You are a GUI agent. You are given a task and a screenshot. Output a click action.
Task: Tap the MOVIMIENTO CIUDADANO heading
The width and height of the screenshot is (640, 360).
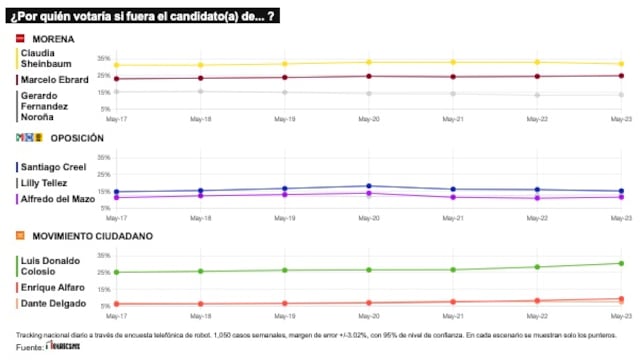[x=85, y=236]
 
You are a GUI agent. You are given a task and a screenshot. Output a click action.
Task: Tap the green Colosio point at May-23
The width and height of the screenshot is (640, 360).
[x=621, y=263]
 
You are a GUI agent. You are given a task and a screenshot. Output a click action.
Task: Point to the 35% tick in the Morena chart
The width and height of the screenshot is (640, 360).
[x=104, y=59]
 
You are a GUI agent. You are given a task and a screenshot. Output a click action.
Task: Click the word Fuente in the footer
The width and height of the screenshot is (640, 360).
[x=30, y=348]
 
